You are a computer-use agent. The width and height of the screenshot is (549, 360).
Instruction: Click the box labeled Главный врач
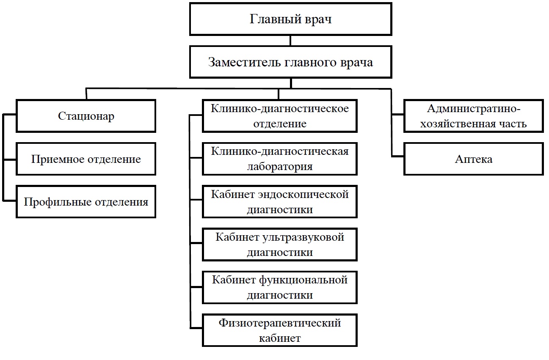tap(290, 19)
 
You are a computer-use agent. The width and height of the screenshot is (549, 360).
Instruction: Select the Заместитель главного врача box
tap(290, 63)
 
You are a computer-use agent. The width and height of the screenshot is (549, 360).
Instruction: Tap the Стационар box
tap(86, 116)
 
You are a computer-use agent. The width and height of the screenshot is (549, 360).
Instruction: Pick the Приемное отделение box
tap(86, 159)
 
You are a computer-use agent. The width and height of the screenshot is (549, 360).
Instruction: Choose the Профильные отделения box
tap(86, 202)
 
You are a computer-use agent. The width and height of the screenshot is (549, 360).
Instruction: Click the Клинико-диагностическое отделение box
tap(280, 116)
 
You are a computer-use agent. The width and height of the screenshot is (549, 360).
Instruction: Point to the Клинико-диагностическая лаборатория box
tap(280, 159)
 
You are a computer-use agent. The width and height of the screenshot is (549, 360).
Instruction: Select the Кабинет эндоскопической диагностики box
tap(280, 202)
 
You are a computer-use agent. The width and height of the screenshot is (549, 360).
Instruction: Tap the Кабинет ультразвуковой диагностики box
tap(280, 245)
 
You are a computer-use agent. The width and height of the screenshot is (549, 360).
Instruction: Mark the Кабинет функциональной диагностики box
tap(280, 287)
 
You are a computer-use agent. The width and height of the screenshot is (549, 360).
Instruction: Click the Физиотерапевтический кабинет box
tap(280, 330)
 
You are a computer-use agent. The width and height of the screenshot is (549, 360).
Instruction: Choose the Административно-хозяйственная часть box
tap(474, 116)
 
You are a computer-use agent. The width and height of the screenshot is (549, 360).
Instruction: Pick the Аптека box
tap(474, 159)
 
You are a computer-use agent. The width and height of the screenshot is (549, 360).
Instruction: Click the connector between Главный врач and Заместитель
tap(290, 41)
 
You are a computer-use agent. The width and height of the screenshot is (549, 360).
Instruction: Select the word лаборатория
tap(280, 166)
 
